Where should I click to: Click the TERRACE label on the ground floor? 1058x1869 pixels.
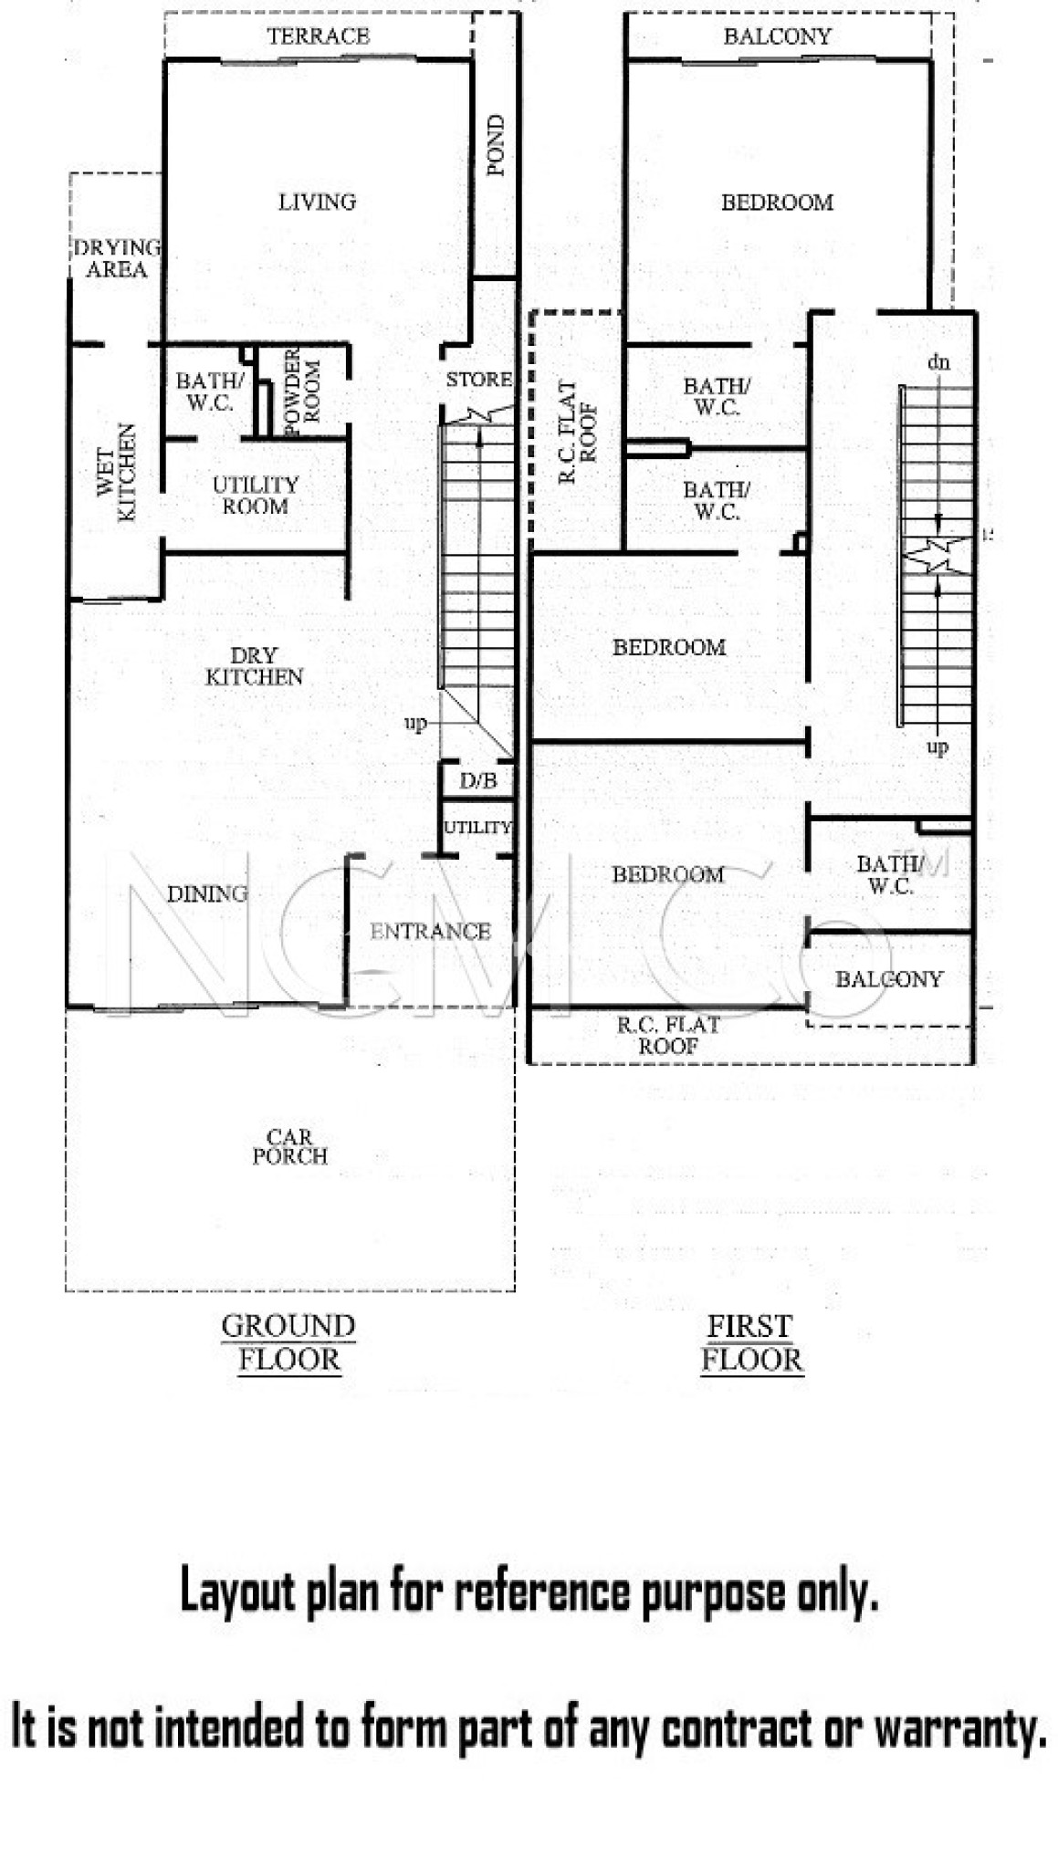(x=319, y=37)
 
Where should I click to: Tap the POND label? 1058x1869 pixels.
(x=496, y=145)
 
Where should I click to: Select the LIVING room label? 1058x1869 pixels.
(x=317, y=202)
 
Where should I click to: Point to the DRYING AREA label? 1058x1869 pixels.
(x=117, y=258)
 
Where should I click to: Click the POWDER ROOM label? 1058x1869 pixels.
(x=302, y=392)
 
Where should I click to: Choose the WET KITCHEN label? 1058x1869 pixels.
(x=117, y=473)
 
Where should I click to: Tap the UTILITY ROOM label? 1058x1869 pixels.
(x=256, y=495)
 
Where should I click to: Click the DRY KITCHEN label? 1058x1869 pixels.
(x=254, y=666)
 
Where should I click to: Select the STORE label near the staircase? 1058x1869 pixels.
(x=478, y=379)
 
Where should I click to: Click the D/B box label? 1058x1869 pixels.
(x=478, y=781)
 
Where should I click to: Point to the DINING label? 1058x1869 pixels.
(x=207, y=894)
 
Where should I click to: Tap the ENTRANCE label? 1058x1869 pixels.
(x=430, y=932)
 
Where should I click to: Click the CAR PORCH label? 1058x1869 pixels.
(x=289, y=1146)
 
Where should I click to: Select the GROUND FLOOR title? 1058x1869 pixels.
(x=288, y=1342)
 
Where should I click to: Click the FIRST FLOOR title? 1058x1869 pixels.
(x=751, y=1342)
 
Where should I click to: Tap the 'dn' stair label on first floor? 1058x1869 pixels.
(x=938, y=362)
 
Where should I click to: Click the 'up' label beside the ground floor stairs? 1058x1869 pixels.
(x=415, y=725)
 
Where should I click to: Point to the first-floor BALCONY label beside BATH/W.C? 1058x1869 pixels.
(x=889, y=979)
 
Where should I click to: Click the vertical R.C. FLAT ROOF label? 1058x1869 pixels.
(x=577, y=432)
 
